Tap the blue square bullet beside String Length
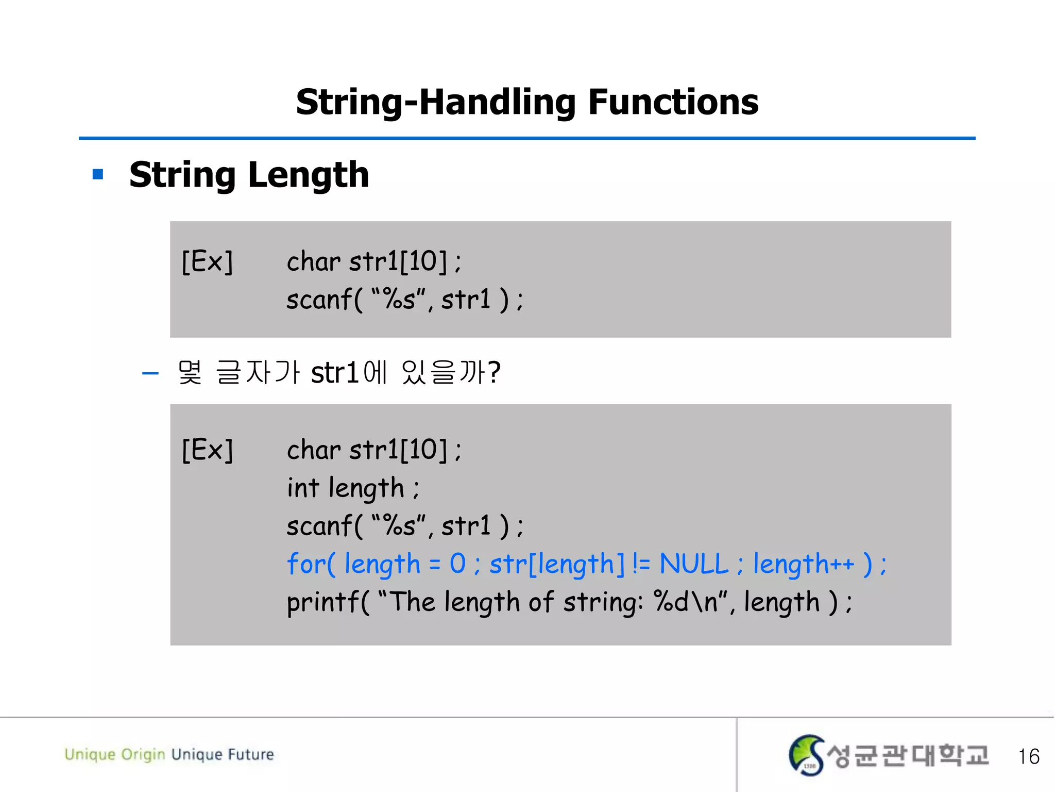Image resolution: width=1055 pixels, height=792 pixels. (x=98, y=175)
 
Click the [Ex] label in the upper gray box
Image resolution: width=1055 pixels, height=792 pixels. (x=207, y=261)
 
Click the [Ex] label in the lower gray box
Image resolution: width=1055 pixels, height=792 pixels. (x=207, y=450)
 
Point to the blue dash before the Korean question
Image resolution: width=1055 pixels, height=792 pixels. (x=150, y=373)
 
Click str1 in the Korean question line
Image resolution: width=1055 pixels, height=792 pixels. (x=335, y=372)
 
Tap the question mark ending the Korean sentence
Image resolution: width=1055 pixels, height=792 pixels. (x=494, y=372)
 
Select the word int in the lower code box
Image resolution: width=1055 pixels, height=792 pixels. (x=303, y=488)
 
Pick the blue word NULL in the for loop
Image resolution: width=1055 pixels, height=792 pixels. (x=694, y=564)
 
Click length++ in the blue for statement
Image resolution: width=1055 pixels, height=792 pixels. (x=804, y=564)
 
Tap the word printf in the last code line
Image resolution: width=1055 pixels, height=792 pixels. (x=323, y=602)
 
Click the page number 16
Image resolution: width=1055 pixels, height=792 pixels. (x=1028, y=756)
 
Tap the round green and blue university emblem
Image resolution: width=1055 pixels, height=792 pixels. (x=806, y=755)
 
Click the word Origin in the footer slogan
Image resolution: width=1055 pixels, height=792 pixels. (x=143, y=755)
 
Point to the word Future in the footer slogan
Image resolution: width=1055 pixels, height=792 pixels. (x=251, y=754)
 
